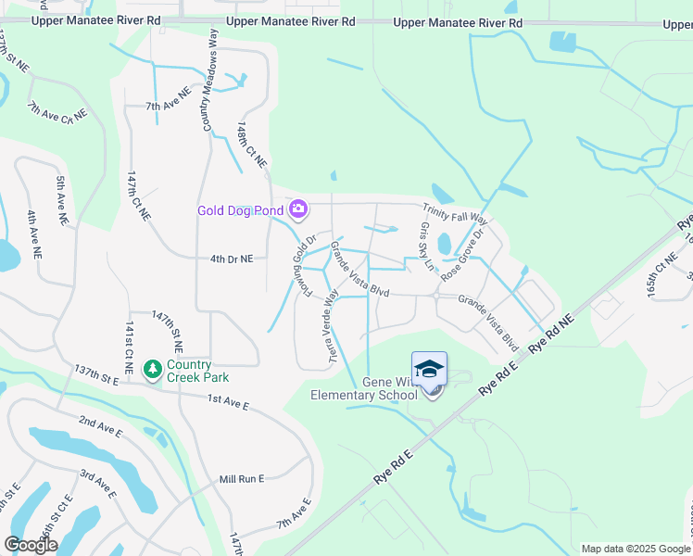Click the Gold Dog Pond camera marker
[298, 209]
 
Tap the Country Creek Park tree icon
[153, 370]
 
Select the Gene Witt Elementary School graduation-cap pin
[429, 370]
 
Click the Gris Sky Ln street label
[426, 246]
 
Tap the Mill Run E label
[242, 479]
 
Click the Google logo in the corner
[30, 545]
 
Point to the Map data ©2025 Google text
[634, 549]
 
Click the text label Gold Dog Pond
[240, 210]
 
